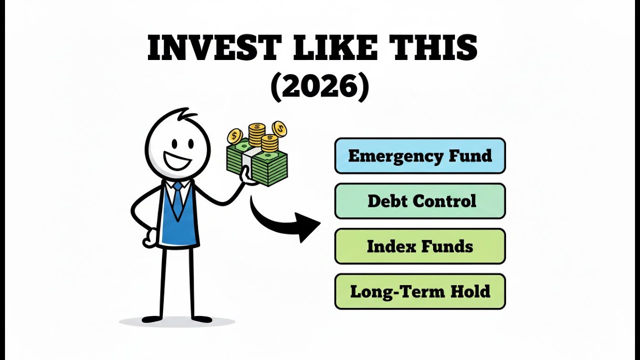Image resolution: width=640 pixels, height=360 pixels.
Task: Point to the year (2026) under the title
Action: pos(320,87)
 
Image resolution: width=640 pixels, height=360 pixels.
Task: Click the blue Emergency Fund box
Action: pos(420,156)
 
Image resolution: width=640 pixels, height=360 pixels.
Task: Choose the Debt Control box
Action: pos(420,201)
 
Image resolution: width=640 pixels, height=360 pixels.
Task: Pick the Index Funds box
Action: pos(420,246)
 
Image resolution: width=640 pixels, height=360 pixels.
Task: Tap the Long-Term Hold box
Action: pos(420,291)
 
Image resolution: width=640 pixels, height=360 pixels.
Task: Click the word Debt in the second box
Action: pos(384,201)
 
